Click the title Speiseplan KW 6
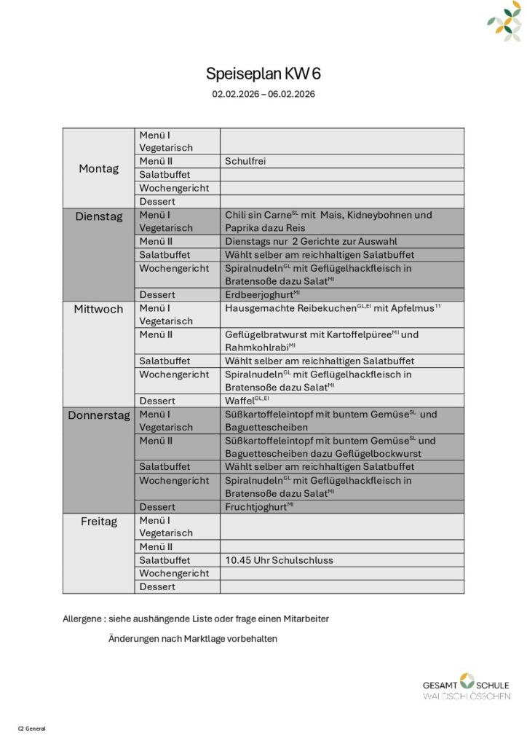tap(263, 74)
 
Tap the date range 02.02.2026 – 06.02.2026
tap(263, 94)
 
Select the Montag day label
tap(98, 168)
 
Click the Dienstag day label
tap(98, 216)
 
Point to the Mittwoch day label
tap(98, 309)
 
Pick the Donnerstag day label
tap(98, 415)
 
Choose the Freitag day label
tap(98, 522)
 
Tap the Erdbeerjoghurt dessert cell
tap(259, 294)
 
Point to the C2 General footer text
tap(32, 728)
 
